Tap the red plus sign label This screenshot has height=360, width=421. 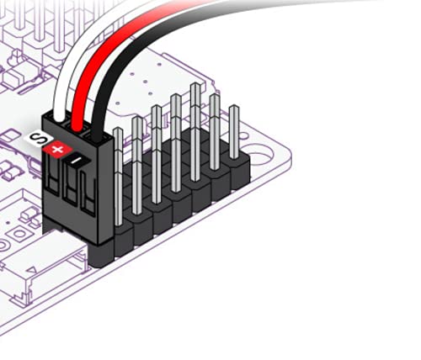click(57, 149)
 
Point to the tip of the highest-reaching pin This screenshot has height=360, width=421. click(195, 86)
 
